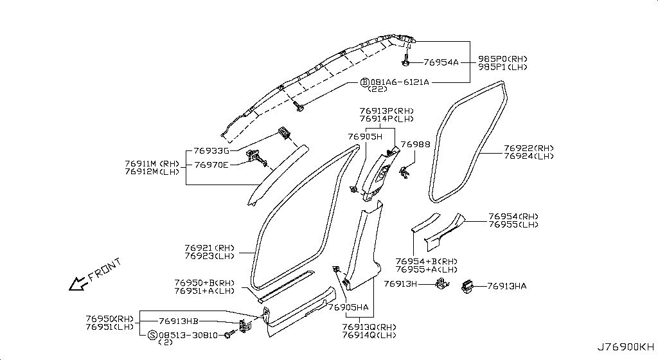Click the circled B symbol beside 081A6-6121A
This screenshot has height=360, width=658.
(364, 82)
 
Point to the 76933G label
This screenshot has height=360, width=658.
(211, 151)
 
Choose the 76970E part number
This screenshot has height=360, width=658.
(211, 165)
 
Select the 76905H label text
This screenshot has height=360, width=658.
(364, 137)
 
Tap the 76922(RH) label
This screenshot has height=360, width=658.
(528, 148)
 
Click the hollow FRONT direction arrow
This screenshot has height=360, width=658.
(78, 282)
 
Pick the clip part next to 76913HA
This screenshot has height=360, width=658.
(468, 287)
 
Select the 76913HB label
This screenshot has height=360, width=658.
(179, 321)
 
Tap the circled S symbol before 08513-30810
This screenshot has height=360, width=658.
(152, 335)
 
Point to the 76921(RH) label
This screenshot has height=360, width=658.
(210, 248)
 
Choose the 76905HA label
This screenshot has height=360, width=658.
(348, 308)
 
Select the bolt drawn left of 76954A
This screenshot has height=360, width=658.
(407, 62)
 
